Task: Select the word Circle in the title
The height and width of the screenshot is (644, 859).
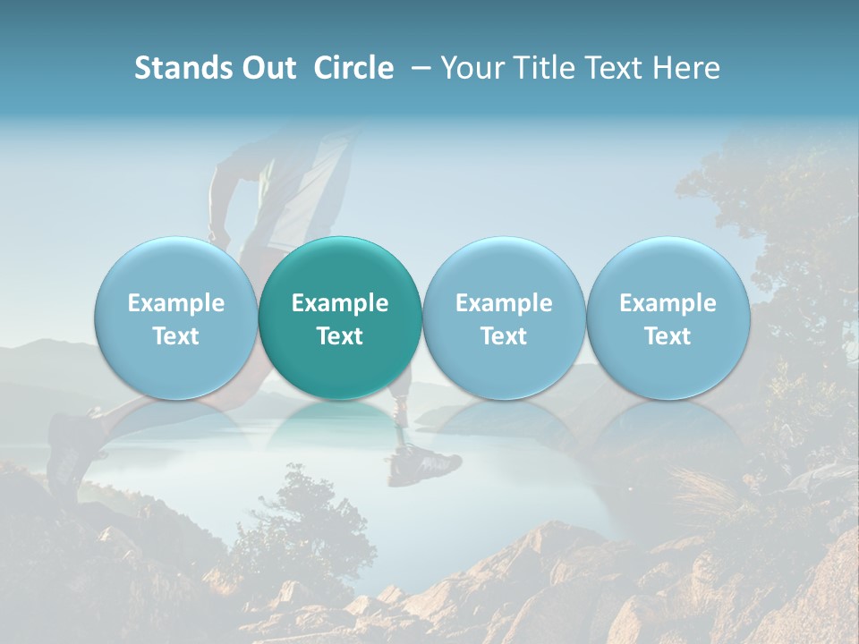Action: pyautogui.click(x=353, y=68)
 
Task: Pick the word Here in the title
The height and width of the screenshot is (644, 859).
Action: pyautogui.click(x=686, y=68)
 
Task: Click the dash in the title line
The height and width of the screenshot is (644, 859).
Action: pyautogui.click(x=421, y=68)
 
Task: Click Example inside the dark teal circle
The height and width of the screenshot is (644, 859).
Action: pyautogui.click(x=340, y=303)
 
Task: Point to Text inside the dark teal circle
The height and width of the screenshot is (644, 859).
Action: pyautogui.click(x=340, y=336)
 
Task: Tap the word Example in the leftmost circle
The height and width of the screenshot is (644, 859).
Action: pyautogui.click(x=175, y=303)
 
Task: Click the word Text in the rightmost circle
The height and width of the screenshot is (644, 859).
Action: pyautogui.click(x=668, y=336)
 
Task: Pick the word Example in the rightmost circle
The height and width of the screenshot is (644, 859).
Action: pyautogui.click(x=668, y=303)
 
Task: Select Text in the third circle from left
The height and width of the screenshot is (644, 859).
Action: pyautogui.click(x=504, y=336)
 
